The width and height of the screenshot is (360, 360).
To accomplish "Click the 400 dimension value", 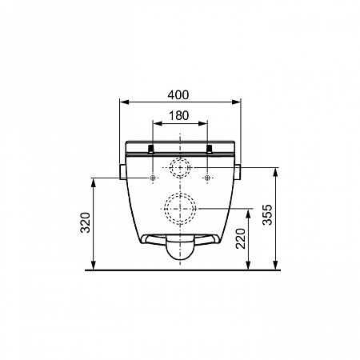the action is pos(178,95).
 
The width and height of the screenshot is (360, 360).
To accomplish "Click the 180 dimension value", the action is pos(179,116).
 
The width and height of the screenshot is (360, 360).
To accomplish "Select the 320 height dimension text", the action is pos(86,222).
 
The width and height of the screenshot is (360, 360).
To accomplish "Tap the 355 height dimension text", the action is pos(267,214).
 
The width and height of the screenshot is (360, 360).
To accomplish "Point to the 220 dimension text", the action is pos(241,238).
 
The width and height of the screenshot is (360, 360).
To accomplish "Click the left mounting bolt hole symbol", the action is pos(153,178).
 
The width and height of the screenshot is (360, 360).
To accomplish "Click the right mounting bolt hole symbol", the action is pos(207,178).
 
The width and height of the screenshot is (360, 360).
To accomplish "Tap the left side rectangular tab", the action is pos(122,172).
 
